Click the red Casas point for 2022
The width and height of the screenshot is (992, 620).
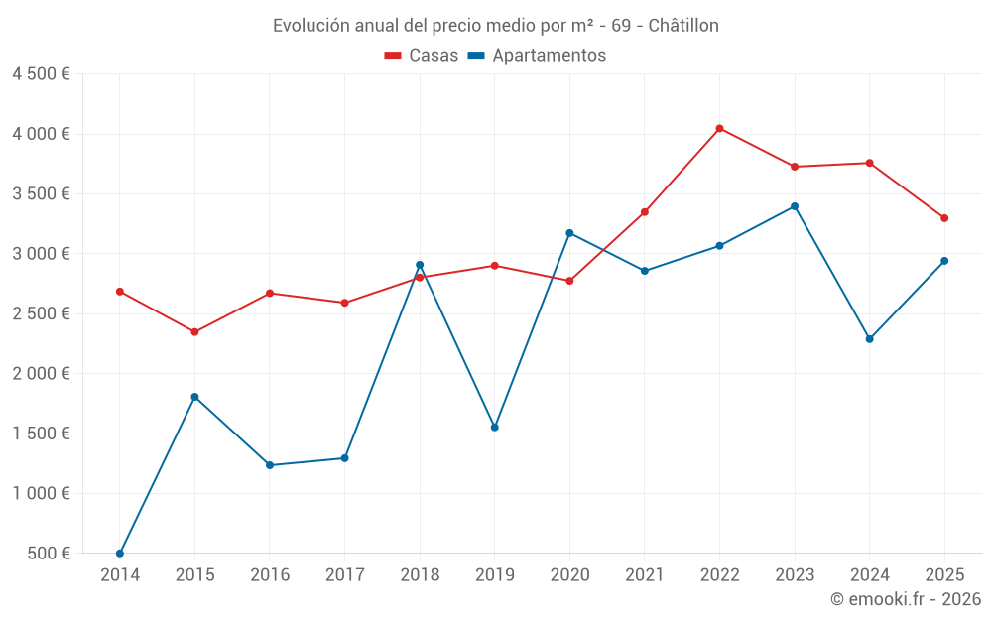719,128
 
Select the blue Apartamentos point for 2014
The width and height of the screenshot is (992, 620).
120,553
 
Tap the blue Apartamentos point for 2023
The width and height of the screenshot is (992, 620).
795,206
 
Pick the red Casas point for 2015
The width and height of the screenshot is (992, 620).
194,331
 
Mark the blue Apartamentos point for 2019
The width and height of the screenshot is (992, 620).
494,427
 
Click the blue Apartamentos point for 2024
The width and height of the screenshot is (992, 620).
869,339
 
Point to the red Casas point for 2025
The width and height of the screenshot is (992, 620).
944,218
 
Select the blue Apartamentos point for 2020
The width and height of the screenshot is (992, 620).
569,233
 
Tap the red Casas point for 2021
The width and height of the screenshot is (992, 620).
645,212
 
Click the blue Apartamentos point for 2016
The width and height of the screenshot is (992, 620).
270,465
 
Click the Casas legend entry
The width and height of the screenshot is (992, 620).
422,56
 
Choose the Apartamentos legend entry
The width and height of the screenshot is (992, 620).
537,56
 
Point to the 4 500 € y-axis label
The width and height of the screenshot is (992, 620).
41,74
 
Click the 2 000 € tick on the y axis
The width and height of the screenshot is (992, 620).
41,374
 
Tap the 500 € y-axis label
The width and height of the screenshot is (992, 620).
49,554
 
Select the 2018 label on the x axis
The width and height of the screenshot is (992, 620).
420,575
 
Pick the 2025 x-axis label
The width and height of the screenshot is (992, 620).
944,575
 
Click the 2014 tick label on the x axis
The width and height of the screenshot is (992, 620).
120,575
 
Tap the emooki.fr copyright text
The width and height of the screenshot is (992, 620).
905,599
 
